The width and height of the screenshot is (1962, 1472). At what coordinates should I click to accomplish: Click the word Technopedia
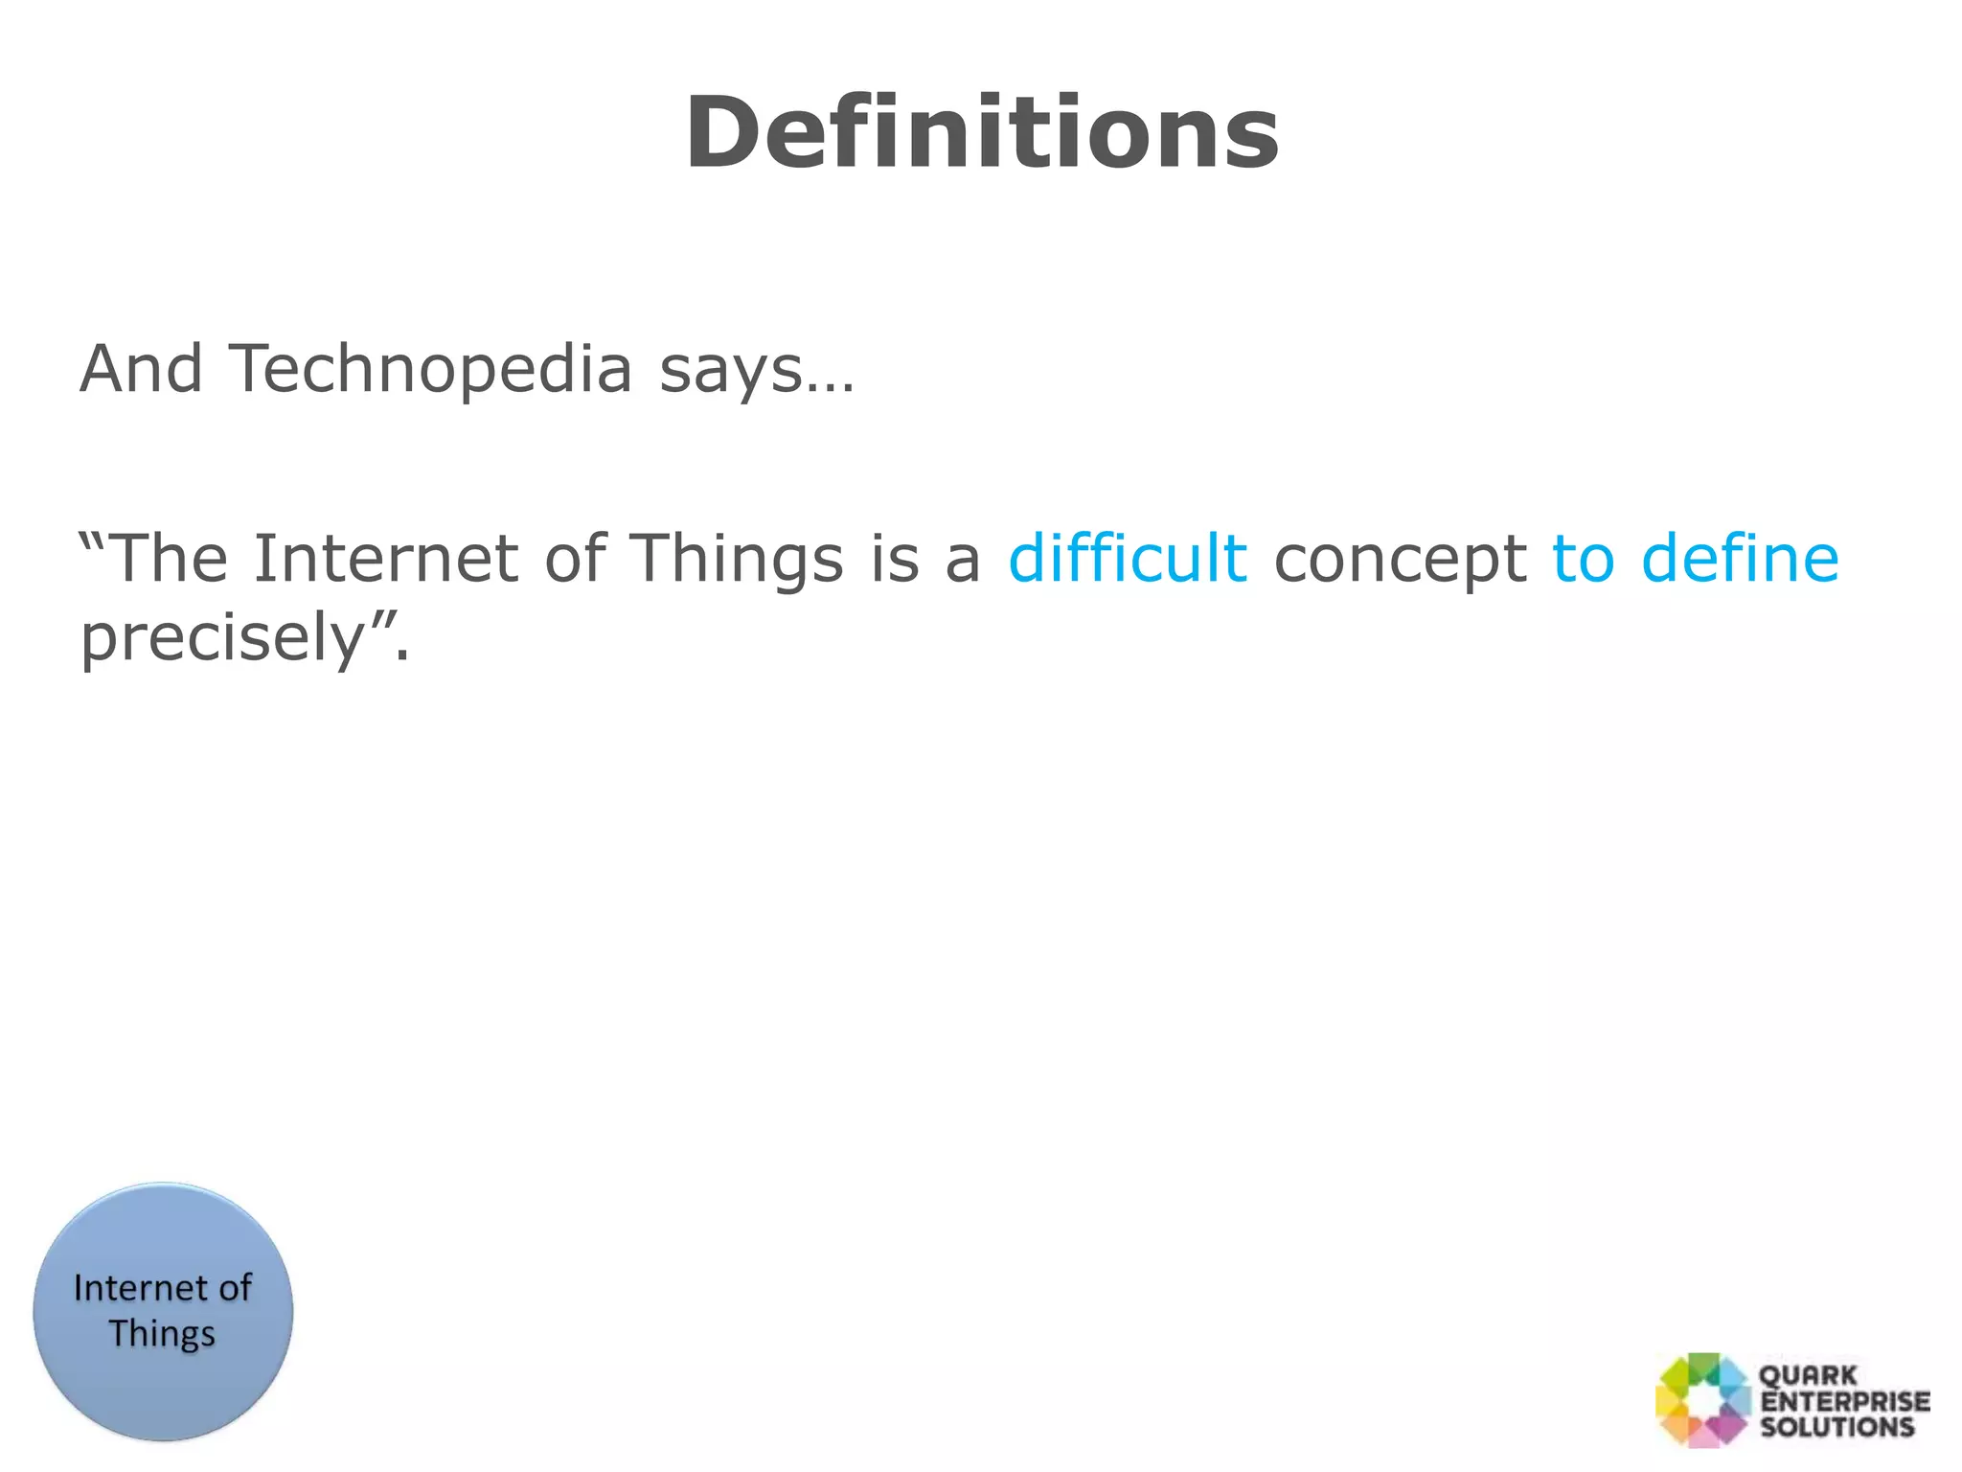(x=430, y=369)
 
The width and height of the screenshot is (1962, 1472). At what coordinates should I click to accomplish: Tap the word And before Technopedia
(x=141, y=369)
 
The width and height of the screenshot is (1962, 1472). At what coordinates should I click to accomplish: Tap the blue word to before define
(x=1582, y=560)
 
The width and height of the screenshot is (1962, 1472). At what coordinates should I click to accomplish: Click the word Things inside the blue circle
(x=162, y=1335)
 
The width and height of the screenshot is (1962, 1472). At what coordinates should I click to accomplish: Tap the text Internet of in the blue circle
(x=162, y=1288)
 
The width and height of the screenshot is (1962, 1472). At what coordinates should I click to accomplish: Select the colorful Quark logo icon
(x=1702, y=1399)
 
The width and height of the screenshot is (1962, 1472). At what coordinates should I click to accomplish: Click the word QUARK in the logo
(x=1808, y=1375)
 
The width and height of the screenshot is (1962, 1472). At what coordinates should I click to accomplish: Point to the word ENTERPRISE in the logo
(x=1845, y=1401)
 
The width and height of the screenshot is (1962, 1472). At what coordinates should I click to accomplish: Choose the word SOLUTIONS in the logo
(x=1837, y=1427)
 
